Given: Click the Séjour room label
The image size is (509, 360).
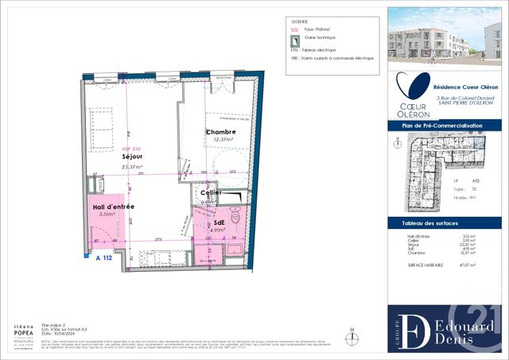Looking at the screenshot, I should pyautogui.click(x=132, y=157).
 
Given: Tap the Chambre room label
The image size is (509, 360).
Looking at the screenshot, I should pyautogui.click(x=219, y=132).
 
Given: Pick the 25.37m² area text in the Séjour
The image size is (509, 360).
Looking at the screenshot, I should pyautogui.click(x=132, y=167).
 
